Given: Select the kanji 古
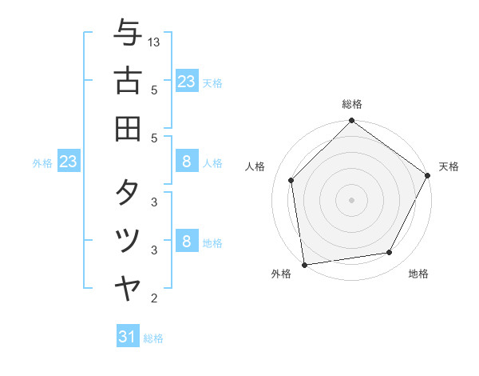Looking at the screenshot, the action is click(x=128, y=81).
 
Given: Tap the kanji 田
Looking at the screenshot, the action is click(x=128, y=127).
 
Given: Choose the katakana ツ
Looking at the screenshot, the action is click(x=128, y=241).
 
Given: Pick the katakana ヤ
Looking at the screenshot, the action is click(x=128, y=288).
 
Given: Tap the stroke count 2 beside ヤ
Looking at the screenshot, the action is click(x=154, y=298).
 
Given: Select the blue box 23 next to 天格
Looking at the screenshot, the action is click(x=186, y=81).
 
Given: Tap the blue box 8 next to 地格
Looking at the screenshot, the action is click(x=186, y=241).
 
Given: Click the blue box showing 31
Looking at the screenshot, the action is click(x=128, y=337).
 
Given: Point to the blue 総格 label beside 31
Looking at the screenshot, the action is click(x=153, y=338).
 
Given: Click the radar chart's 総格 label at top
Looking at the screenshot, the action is click(x=351, y=105).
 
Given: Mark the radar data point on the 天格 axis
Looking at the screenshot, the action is click(x=429, y=175).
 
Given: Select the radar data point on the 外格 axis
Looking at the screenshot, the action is click(x=304, y=264).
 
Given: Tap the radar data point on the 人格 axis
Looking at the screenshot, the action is click(x=291, y=180).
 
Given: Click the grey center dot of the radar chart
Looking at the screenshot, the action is click(x=351, y=199).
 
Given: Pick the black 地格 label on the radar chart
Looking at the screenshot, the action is click(x=418, y=274).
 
